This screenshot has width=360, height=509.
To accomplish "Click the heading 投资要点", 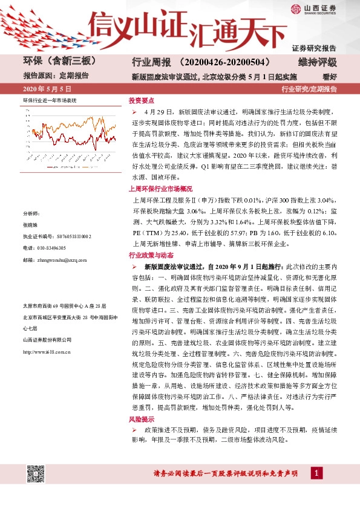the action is tap(142, 101).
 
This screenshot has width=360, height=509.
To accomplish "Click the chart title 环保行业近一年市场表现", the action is tap(50, 99).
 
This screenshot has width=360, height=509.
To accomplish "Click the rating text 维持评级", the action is tap(317, 62).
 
